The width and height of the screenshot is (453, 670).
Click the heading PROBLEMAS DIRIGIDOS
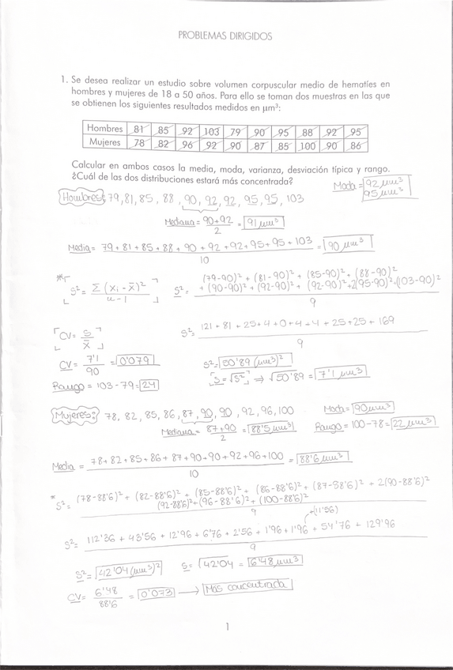[x=225, y=36]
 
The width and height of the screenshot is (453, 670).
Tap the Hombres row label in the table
[x=105, y=129]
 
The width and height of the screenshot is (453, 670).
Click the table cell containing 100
[x=307, y=145]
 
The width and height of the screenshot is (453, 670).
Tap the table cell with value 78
[x=139, y=143]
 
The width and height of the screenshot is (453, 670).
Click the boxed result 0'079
[x=139, y=360]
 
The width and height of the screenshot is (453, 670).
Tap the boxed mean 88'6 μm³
[x=325, y=458]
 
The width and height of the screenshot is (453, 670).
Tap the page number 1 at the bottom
[x=226, y=627]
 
